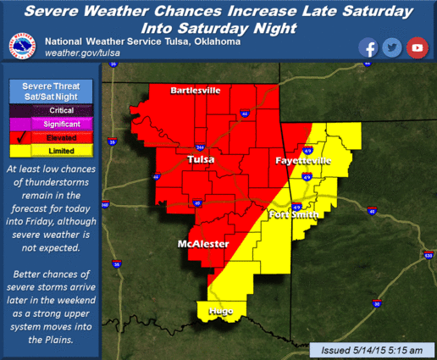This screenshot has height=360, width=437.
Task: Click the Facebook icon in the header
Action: (368, 47)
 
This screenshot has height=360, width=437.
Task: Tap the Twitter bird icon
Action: (391, 47)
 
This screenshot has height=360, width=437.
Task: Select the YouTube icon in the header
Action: (416, 47)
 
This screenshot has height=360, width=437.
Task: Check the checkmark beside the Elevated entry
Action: (19, 138)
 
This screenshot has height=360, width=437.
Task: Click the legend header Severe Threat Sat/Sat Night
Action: (49, 92)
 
